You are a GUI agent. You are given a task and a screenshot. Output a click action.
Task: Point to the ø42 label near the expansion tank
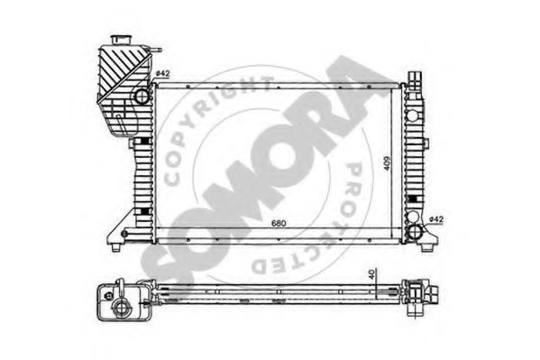(x=162, y=73)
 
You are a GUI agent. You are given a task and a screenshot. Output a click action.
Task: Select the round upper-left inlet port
(x=141, y=95)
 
